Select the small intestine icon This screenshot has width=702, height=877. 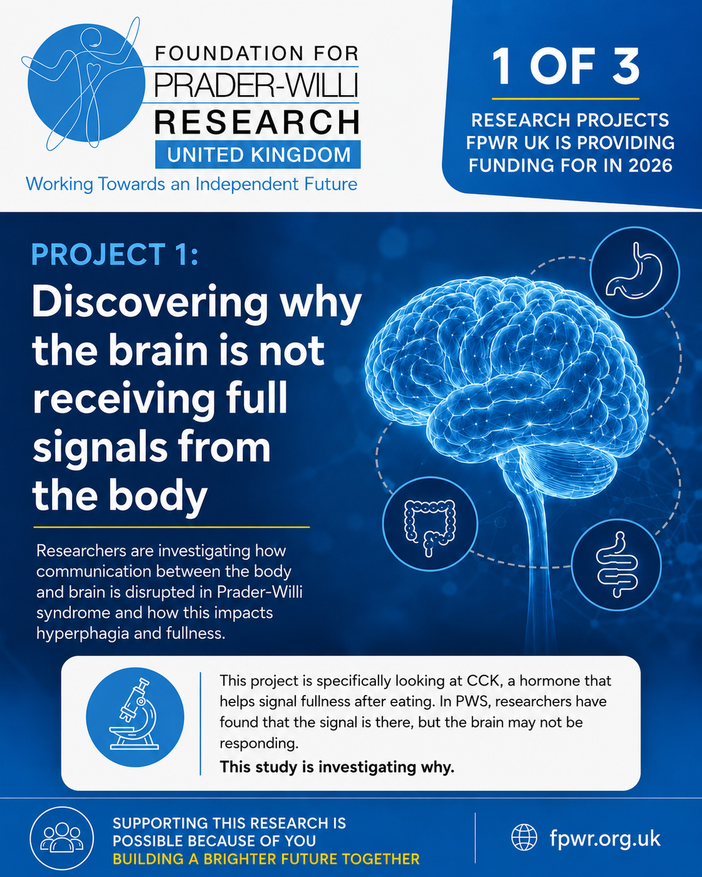[616, 564]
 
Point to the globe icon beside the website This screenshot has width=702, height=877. [524, 837]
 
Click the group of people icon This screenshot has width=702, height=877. [61, 838]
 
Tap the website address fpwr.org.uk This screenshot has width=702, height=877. [604, 838]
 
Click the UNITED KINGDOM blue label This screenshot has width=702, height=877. [258, 155]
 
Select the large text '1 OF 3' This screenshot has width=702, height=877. [565, 66]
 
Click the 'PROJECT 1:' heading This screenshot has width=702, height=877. [114, 255]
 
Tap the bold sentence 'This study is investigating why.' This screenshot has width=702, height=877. [337, 767]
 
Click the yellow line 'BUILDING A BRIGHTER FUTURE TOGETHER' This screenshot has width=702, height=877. [266, 859]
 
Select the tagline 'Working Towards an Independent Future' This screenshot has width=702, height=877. [191, 184]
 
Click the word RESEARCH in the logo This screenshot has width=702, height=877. [257, 121]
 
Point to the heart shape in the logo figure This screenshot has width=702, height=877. [94, 68]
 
